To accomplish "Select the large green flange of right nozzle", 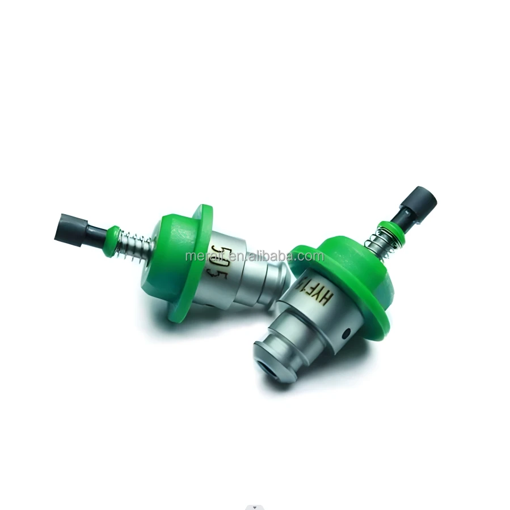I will coord(363,283).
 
